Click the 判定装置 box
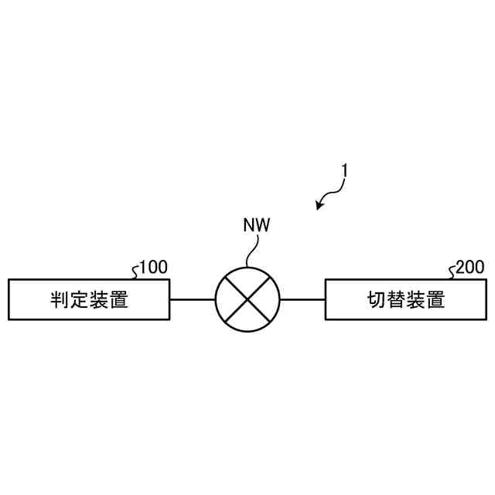[88, 299]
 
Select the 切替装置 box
[405, 299]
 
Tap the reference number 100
[153, 268]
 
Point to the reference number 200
[470, 268]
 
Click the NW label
[257, 225]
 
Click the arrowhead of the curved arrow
[320, 205]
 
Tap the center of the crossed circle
[247, 299]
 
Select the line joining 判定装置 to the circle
[192, 299]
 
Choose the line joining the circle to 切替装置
[302, 299]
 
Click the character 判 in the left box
[60, 300]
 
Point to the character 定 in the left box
[79, 300]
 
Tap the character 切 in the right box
[377, 300]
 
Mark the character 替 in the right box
[396, 300]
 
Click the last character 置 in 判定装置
[118, 300]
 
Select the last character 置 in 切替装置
[435, 300]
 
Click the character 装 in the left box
[98, 300]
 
